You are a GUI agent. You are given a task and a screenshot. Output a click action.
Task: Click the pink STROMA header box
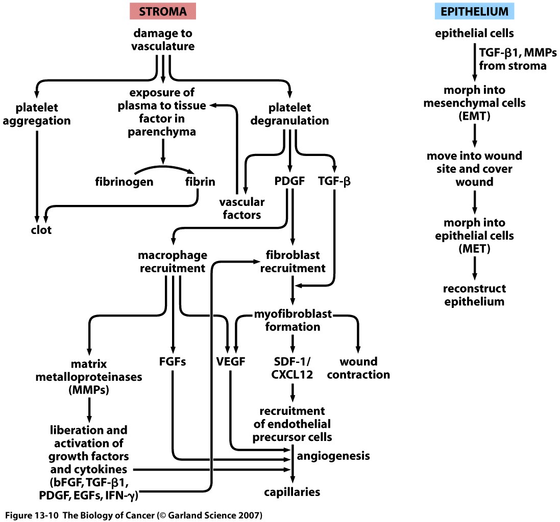[x=163, y=11]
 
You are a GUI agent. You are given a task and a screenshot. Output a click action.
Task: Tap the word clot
[x=40, y=230]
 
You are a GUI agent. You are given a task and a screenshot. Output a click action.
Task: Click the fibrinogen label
[x=125, y=181]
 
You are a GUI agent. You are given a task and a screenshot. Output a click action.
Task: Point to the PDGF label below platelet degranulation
[x=289, y=181]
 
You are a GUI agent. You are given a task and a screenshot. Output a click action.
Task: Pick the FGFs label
[x=173, y=362]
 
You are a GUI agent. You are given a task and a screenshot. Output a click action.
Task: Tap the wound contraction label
[x=358, y=369]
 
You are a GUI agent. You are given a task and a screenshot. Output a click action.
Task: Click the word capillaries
[x=293, y=492]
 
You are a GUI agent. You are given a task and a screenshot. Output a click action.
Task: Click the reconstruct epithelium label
[x=474, y=295]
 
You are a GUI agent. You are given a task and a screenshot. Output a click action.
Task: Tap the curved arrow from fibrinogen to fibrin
[x=164, y=167]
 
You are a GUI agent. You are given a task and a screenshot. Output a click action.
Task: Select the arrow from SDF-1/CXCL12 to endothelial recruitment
[x=293, y=391]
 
